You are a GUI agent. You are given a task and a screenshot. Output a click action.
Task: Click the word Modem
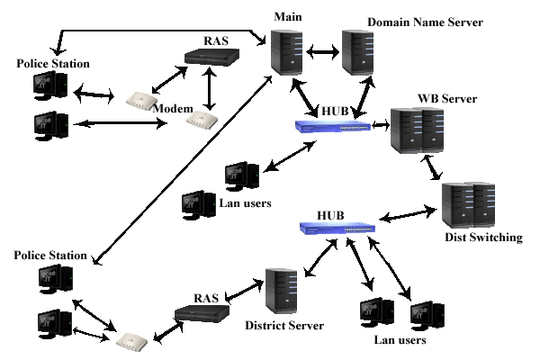pyautogui.click(x=173, y=109)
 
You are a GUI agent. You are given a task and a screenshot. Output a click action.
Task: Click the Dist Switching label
pyautogui.click(x=483, y=238)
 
